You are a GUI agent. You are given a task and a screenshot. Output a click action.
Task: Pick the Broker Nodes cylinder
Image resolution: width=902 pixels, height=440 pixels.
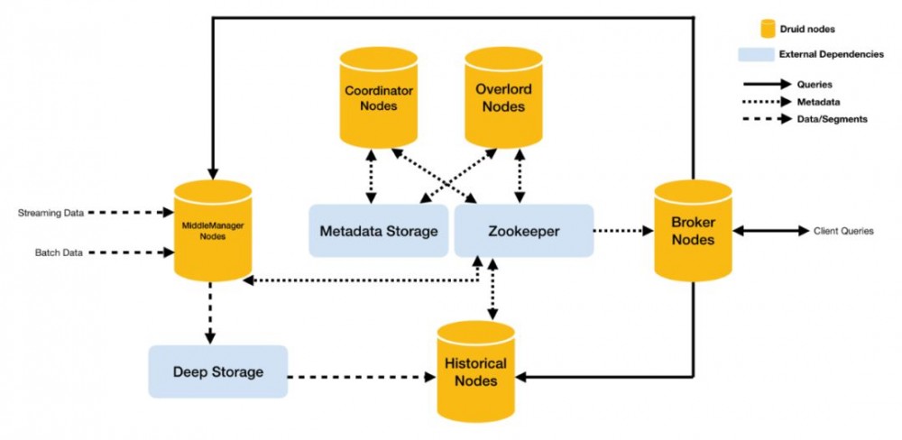(x=693, y=232)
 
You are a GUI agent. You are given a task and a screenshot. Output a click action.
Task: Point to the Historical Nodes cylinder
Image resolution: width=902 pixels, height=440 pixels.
(x=475, y=371)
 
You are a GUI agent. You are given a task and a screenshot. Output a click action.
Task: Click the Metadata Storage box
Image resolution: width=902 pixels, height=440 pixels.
(x=378, y=231)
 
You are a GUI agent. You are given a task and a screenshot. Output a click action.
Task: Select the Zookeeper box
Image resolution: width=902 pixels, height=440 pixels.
(x=523, y=231)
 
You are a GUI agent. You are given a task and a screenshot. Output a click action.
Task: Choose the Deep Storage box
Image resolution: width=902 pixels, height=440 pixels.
(x=218, y=371)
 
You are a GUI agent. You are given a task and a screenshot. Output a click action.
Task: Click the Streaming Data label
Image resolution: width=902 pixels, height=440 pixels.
(x=51, y=214)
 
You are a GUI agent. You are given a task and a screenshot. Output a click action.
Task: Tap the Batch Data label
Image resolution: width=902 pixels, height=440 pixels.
(x=59, y=253)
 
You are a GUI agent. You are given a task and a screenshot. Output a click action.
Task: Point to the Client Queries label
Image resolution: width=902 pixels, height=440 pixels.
(x=843, y=231)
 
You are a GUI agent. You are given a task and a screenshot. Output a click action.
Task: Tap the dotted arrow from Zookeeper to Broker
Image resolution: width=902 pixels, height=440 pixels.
(x=622, y=231)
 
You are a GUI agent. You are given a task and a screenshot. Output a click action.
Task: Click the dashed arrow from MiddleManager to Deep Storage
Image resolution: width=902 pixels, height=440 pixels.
(x=211, y=312)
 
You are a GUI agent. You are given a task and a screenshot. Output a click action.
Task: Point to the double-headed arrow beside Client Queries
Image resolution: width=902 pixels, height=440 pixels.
(x=770, y=231)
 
